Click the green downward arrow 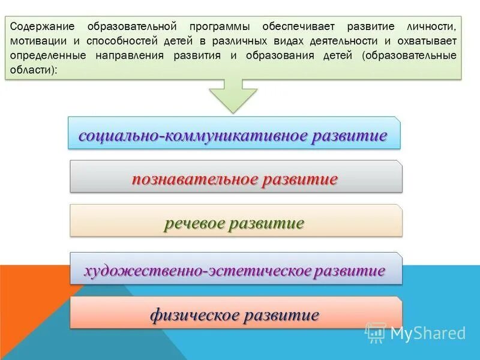coord(233,96)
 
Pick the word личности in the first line coord(433,27)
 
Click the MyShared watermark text coord(427,333)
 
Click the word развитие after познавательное coord(301,179)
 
